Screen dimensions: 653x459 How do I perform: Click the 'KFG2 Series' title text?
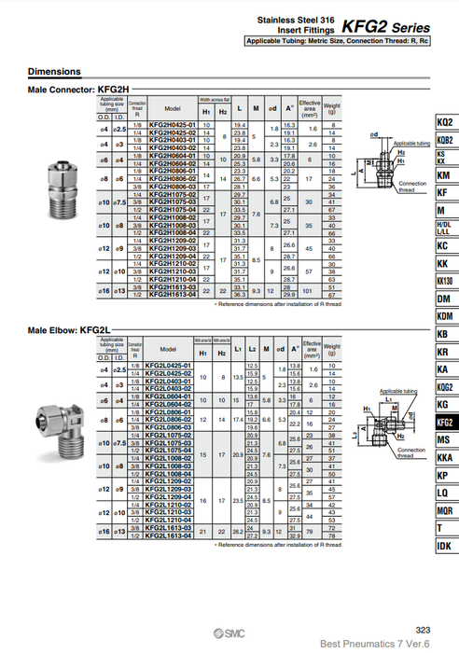point(407,27)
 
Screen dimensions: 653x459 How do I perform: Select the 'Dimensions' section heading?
point(54,72)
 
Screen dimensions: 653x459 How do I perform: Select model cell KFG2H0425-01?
point(172,124)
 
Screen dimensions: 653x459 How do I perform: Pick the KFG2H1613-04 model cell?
point(172,294)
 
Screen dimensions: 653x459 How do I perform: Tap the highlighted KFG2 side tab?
point(444,422)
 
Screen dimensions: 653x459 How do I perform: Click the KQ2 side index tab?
point(444,123)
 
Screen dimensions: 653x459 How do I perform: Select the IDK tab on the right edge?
point(444,546)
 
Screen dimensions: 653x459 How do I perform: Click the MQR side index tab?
point(444,510)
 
